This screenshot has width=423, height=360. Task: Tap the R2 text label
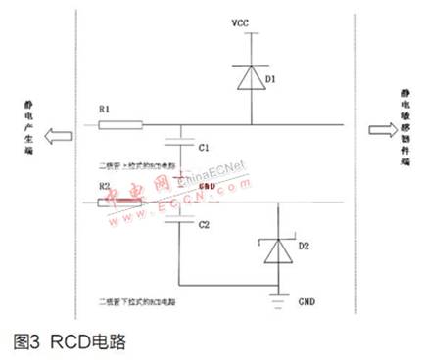(105, 186)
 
